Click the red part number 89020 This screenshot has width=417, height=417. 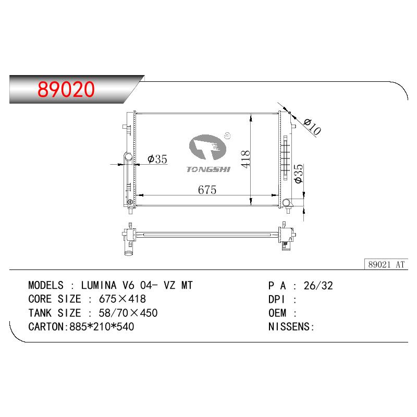click(x=66, y=89)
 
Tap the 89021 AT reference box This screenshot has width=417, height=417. click(x=386, y=264)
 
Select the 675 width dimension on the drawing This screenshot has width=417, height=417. click(x=207, y=190)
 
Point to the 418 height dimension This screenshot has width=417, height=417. click(x=246, y=159)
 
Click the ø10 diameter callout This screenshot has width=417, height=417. click(x=312, y=127)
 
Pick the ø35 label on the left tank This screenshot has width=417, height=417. click(x=157, y=159)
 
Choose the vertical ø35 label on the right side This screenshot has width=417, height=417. click(x=299, y=174)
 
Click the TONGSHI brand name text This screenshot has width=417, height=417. click(x=208, y=169)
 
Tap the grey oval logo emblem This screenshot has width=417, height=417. click(x=207, y=147)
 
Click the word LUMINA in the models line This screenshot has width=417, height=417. click(x=99, y=285)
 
